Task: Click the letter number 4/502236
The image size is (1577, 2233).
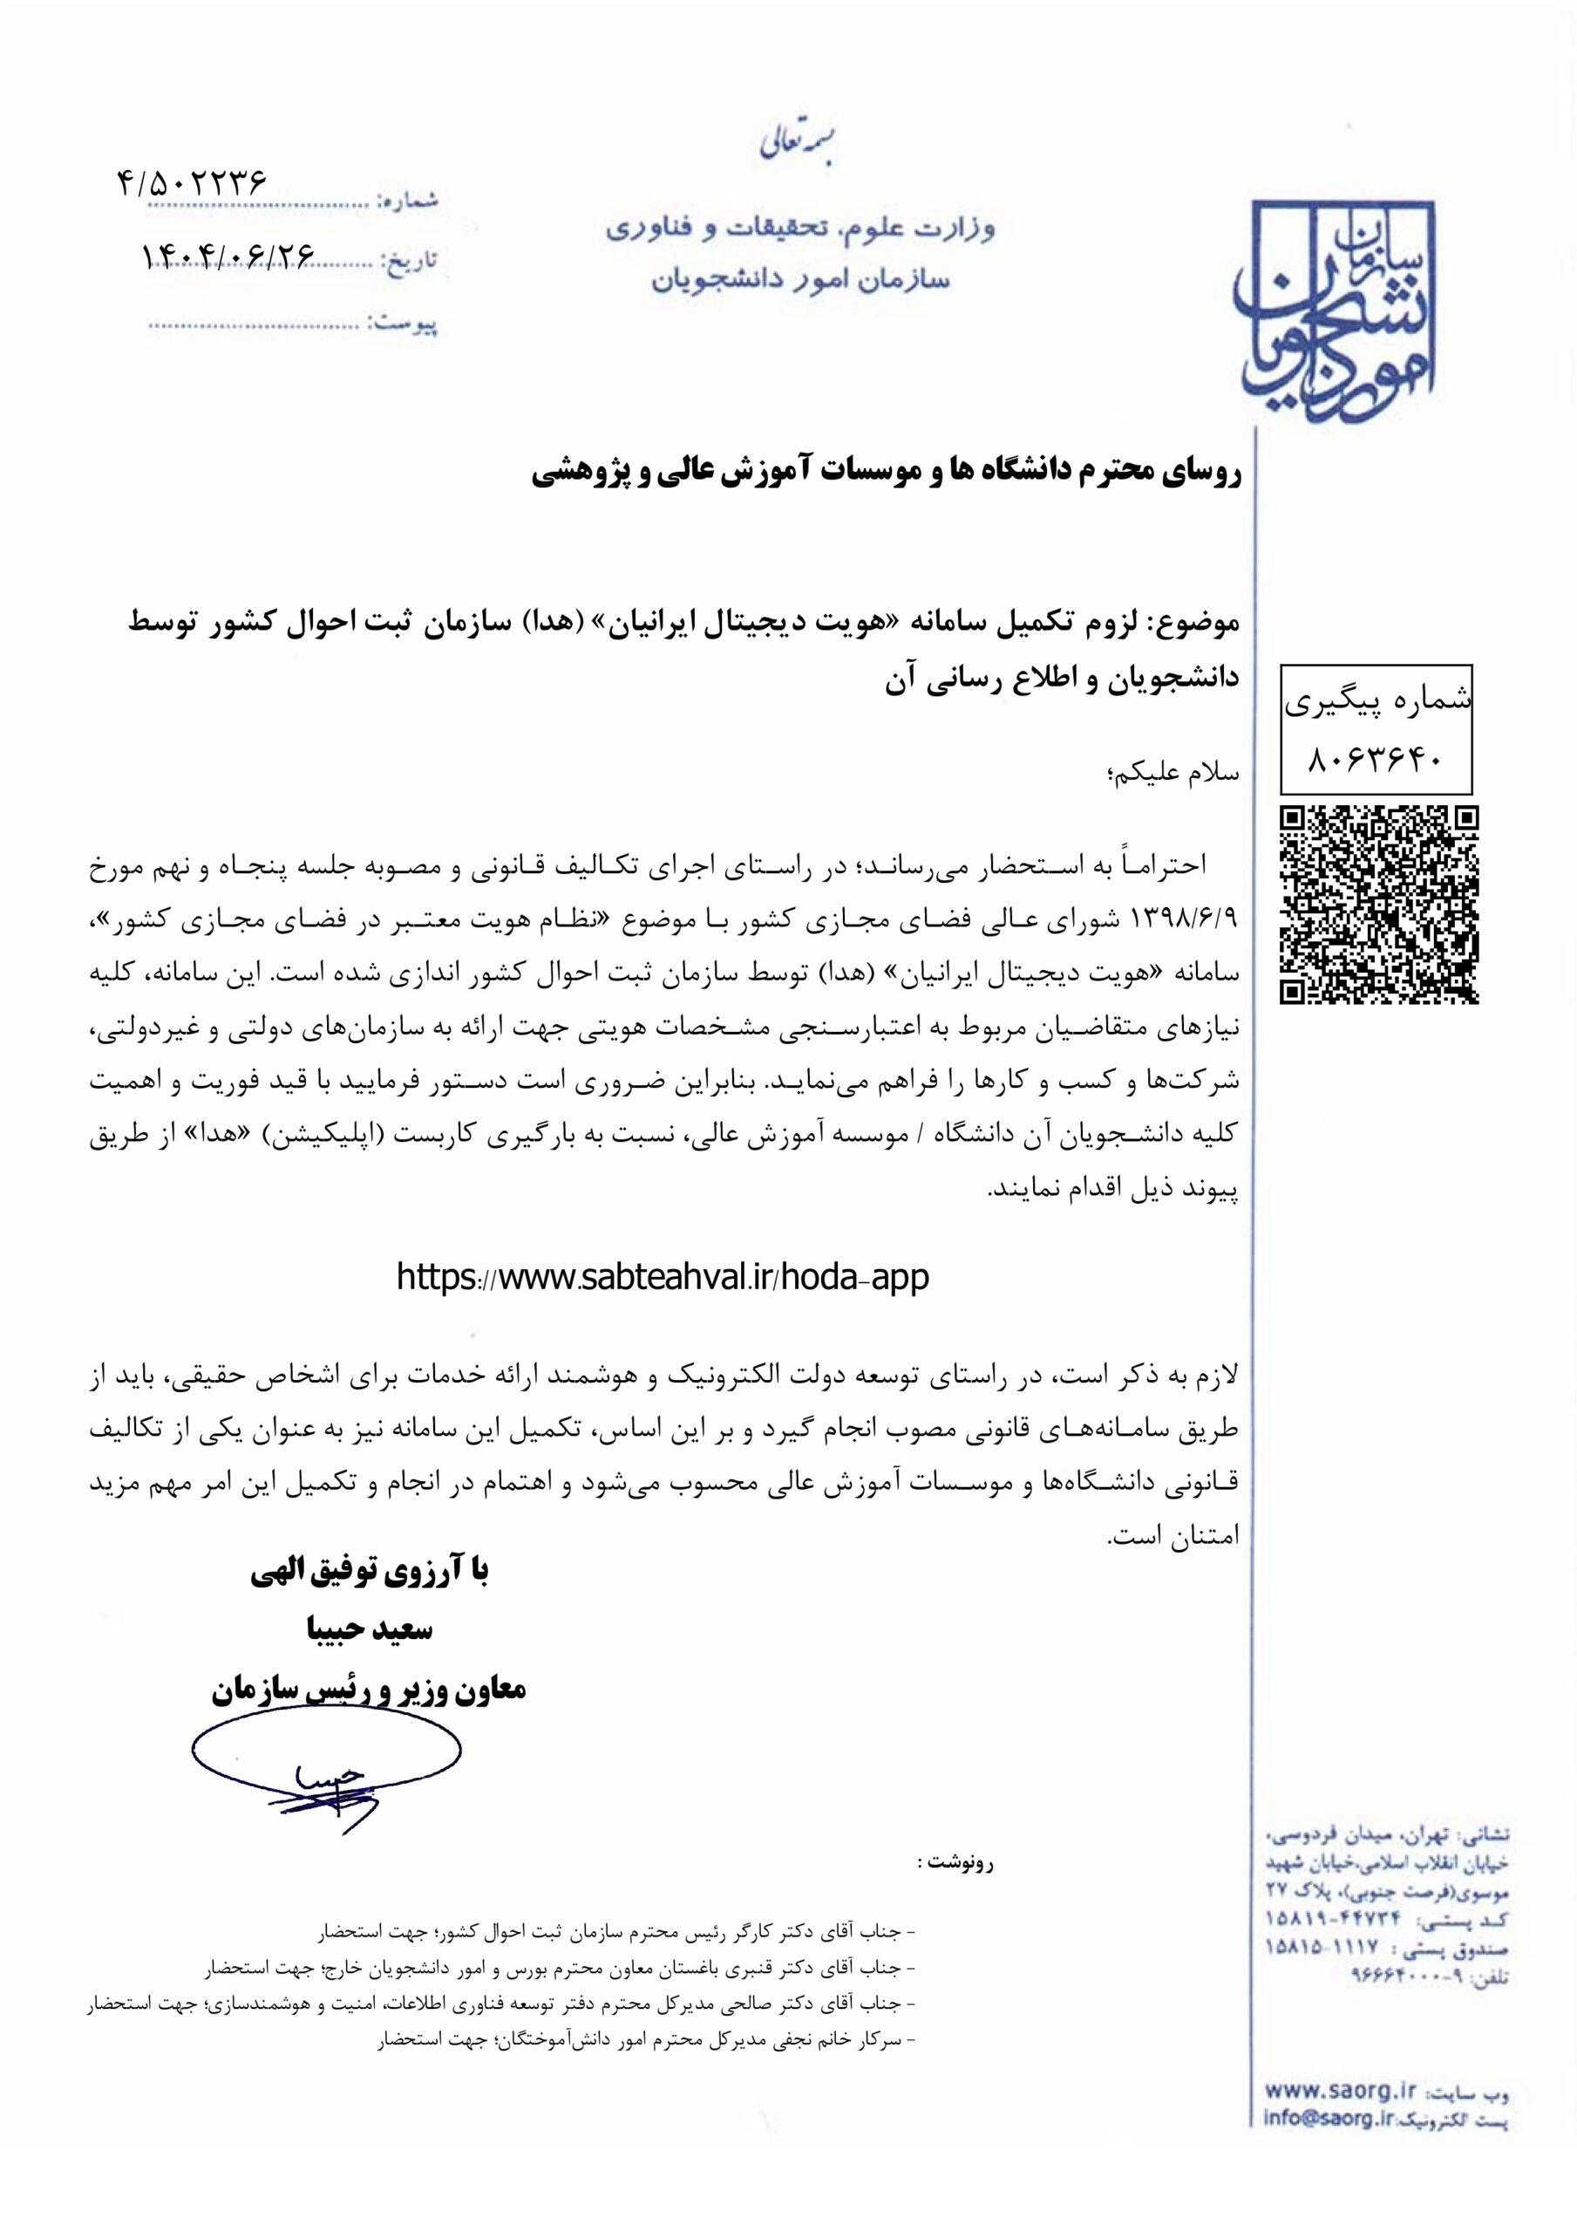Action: (x=192, y=183)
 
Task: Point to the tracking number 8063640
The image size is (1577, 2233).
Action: (x=1377, y=760)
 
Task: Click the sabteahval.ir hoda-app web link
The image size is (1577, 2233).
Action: (x=663, y=1277)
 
